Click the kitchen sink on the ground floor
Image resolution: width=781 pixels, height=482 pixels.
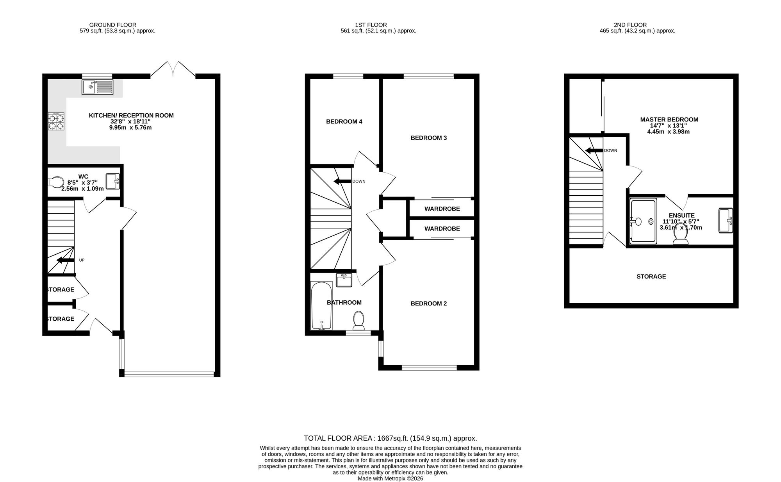click(98, 87)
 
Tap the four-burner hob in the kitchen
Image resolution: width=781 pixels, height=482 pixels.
click(56, 121)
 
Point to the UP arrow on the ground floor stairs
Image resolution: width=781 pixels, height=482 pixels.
click(66, 260)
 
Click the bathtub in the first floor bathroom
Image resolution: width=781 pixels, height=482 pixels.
click(321, 306)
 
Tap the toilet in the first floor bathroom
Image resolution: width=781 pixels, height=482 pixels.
click(358, 320)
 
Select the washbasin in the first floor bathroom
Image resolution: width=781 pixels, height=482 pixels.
click(344, 280)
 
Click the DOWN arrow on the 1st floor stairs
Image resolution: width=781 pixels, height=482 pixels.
click(342, 181)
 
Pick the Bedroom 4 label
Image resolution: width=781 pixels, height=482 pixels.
click(344, 121)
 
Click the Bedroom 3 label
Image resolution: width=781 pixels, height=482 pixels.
click(429, 138)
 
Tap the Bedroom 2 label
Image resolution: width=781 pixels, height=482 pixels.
click(429, 303)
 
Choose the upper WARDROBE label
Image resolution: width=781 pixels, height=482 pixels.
click(442, 209)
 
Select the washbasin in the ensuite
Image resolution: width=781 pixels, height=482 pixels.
click(726, 221)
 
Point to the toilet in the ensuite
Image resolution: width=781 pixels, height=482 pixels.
click(681, 236)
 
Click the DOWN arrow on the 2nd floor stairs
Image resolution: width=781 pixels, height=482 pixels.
click(594, 150)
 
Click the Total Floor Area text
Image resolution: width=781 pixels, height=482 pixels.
click(390, 438)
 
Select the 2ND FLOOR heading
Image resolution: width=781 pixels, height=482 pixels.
click(630, 25)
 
